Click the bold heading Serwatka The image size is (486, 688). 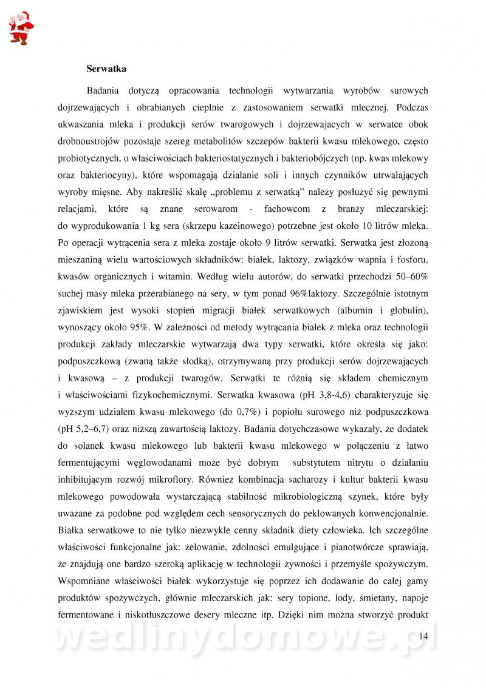click(106, 69)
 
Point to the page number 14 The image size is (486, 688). click(423, 636)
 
